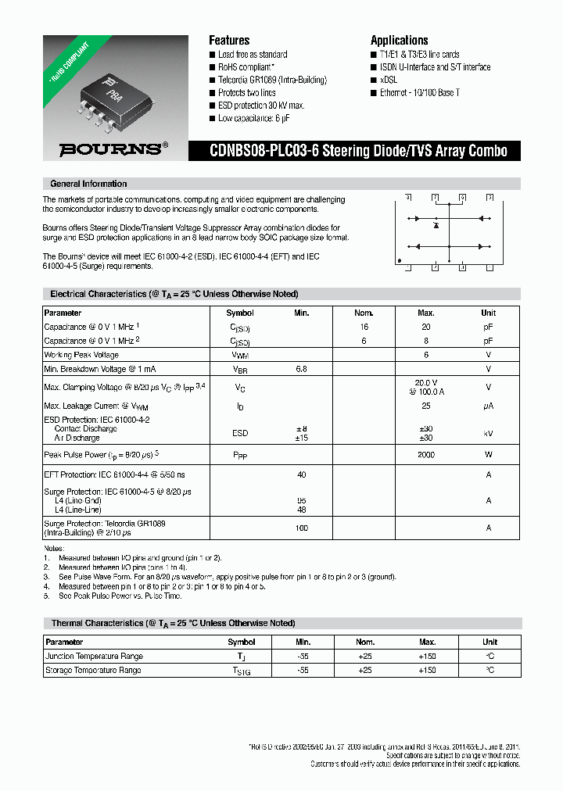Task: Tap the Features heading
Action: [229, 40]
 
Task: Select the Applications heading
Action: [399, 40]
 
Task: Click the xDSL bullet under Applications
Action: [389, 80]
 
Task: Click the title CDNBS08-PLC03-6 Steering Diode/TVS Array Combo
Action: [357, 151]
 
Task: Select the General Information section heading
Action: [88, 184]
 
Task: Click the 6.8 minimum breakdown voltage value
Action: [302, 368]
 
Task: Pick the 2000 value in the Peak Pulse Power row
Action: [426, 454]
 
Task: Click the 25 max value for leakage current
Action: [426, 406]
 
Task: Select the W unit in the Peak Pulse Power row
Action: [489, 454]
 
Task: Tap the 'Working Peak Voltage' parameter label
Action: [81, 355]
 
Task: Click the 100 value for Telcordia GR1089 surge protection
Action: [302, 528]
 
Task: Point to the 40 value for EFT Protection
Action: [302, 474]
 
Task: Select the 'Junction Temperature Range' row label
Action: [94, 657]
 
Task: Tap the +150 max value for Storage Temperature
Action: [426, 671]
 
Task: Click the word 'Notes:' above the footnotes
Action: [55, 548]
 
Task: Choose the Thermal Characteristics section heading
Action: [173, 623]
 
